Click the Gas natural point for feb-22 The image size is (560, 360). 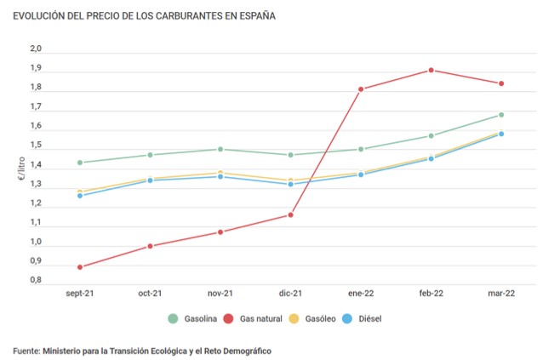[x=431, y=70]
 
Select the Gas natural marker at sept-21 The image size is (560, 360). [x=80, y=267]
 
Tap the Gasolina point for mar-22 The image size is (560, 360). [x=501, y=115]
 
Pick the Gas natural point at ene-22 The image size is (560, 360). [x=361, y=89]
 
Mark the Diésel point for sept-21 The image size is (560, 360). [x=80, y=196]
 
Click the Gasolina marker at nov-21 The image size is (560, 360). [x=220, y=149]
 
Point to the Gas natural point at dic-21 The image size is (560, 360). [x=290, y=214]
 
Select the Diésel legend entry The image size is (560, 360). [x=362, y=317]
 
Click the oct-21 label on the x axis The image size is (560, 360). [x=150, y=294]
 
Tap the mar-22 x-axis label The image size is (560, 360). [x=501, y=294]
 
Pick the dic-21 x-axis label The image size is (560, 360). [x=290, y=294]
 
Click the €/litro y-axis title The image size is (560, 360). [x=20, y=170]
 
